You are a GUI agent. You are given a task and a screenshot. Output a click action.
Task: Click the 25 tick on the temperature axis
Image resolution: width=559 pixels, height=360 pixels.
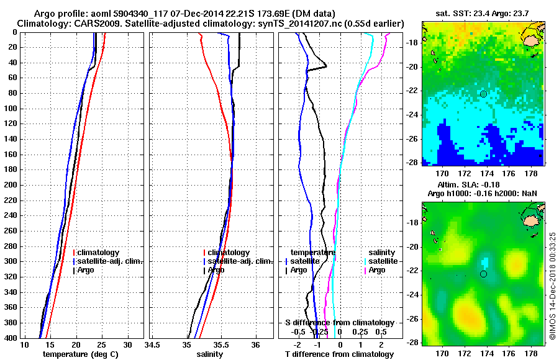(102, 344)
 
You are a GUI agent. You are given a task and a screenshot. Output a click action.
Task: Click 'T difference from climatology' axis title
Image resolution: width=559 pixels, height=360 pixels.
(339, 354)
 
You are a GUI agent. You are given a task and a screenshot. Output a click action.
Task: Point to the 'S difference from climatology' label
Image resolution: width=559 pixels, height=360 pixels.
(339, 323)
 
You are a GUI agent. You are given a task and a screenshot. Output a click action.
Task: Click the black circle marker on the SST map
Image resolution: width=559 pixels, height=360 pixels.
(483, 94)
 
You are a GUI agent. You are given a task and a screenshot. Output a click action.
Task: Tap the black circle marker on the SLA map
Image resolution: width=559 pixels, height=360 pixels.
(483, 274)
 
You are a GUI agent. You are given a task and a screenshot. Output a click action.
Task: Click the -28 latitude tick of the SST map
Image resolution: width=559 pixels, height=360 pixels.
(413, 162)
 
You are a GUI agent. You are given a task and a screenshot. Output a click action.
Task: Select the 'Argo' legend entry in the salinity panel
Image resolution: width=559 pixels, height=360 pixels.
(216, 270)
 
